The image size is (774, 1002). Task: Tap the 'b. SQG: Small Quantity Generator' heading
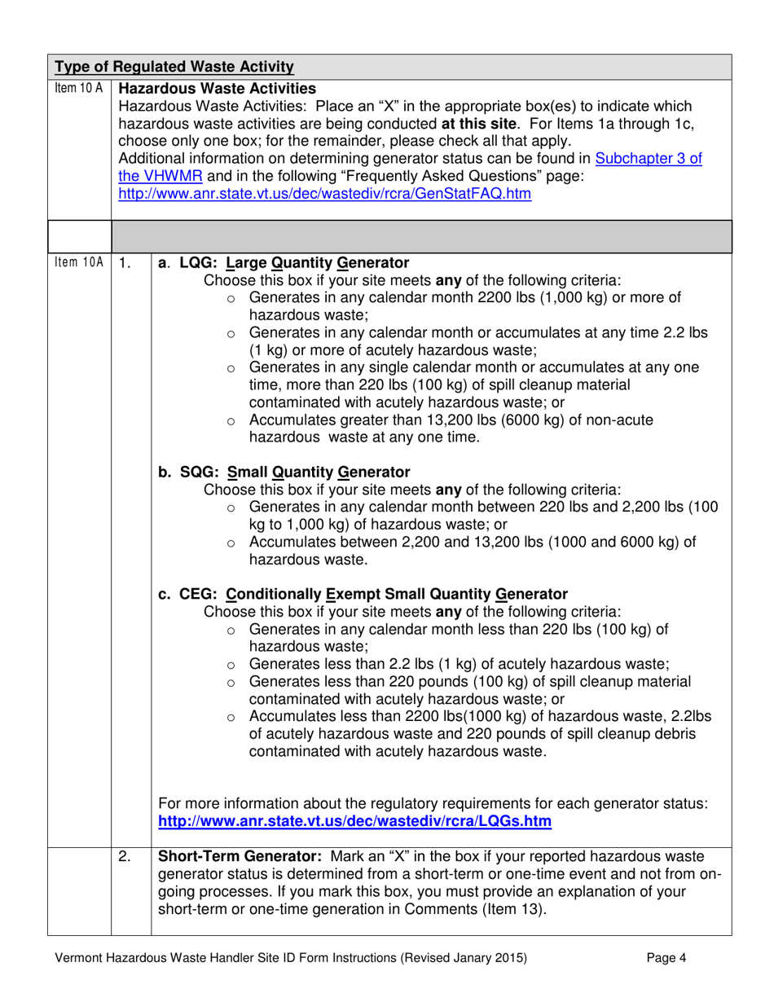[x=284, y=472]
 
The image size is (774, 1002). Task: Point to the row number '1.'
[x=124, y=263]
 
